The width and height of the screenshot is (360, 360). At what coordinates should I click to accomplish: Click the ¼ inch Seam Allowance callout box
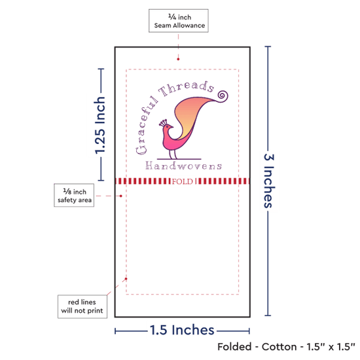click(x=179, y=21)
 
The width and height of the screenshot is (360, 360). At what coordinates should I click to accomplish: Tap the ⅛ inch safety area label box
click(x=74, y=195)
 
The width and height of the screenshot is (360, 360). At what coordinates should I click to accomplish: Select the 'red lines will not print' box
click(x=82, y=306)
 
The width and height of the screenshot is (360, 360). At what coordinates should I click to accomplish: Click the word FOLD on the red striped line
click(x=183, y=181)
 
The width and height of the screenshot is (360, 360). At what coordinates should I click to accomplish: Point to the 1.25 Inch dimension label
click(x=100, y=126)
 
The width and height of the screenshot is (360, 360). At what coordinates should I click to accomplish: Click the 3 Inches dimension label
click(x=269, y=181)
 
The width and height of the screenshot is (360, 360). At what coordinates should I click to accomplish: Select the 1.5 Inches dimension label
click(x=182, y=330)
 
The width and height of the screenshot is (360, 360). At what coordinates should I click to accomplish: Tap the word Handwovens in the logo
click(x=184, y=166)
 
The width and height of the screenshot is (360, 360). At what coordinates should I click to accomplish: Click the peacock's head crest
click(x=163, y=122)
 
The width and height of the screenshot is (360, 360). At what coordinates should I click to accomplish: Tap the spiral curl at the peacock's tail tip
click(x=223, y=96)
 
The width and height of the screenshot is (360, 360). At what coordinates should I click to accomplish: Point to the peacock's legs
click(x=173, y=154)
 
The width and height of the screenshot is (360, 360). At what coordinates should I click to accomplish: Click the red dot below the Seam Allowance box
click(x=178, y=59)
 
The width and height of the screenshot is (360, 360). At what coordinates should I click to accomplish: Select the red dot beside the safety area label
click(x=121, y=196)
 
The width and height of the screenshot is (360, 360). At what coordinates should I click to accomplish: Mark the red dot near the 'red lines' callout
click(x=126, y=279)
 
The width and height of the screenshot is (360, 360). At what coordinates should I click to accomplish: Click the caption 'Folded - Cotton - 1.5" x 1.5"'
click(x=286, y=347)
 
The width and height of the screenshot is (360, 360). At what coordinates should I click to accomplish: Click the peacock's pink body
click(x=170, y=140)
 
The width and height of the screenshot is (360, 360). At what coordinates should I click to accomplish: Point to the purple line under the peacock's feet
click(x=179, y=159)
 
